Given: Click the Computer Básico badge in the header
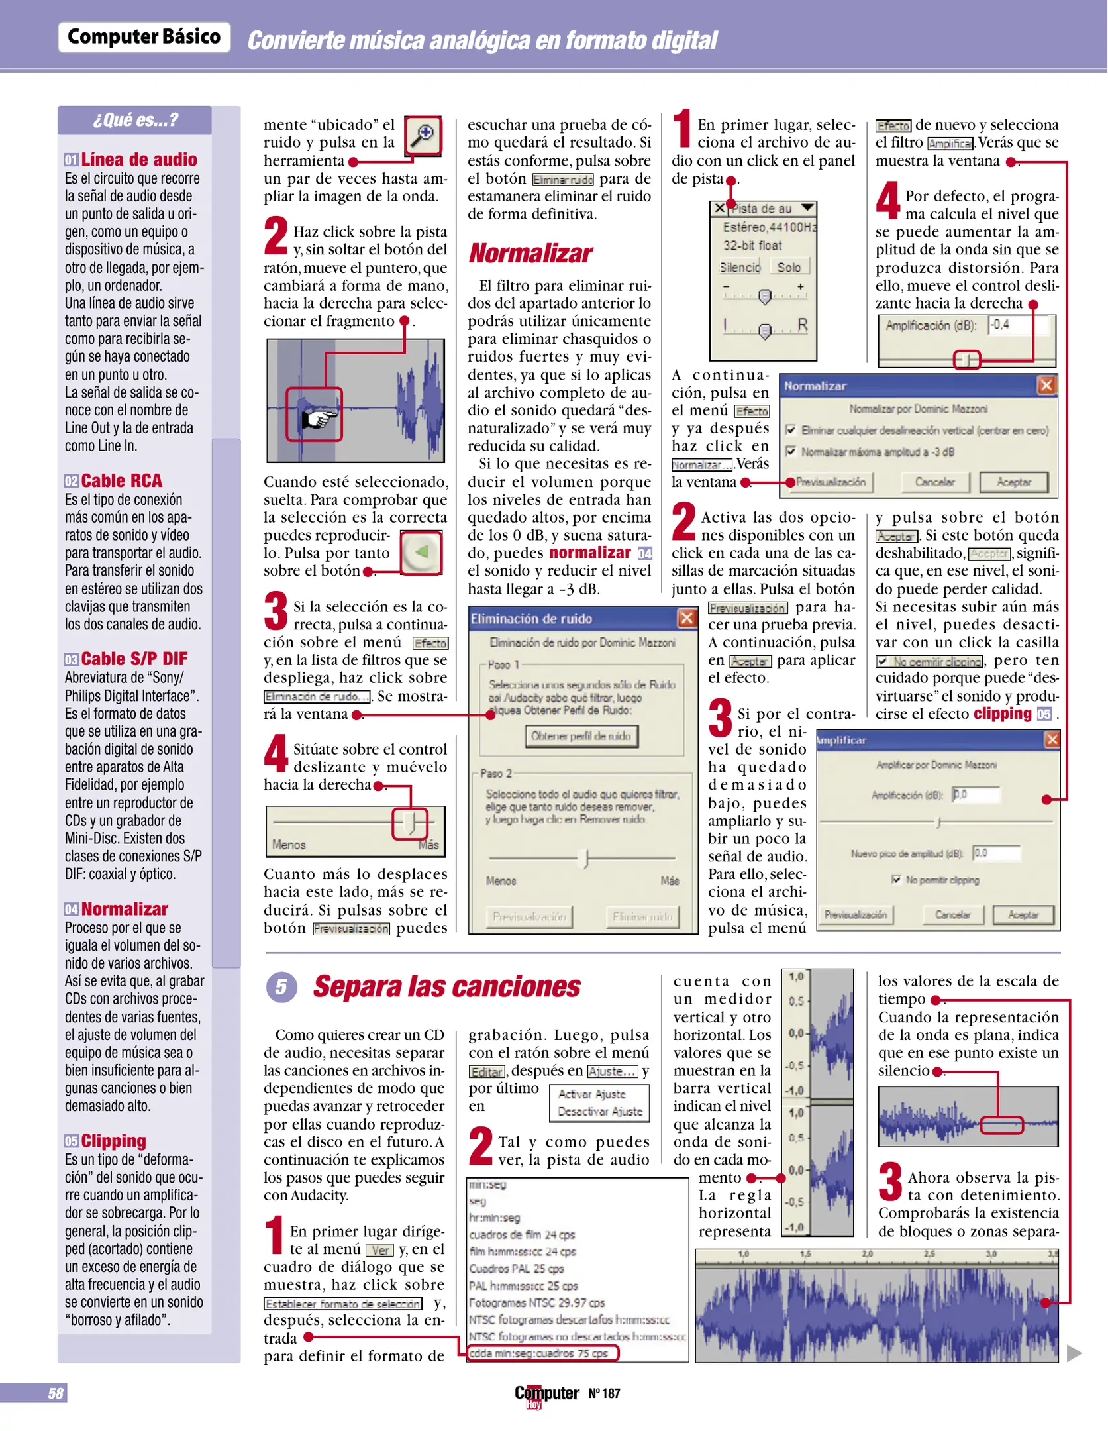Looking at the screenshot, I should click(x=144, y=37).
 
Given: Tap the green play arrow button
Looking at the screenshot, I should click(x=422, y=552).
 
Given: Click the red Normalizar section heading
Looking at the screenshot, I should click(x=530, y=254).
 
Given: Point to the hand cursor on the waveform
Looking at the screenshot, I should click(x=317, y=418).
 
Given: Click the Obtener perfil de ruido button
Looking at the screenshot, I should click(x=581, y=736).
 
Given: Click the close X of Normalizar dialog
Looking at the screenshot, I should click(x=1046, y=386).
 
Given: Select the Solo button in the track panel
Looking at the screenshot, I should click(x=789, y=268).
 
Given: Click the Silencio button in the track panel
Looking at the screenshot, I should click(x=740, y=268).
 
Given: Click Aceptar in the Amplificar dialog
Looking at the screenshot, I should click(x=1023, y=915).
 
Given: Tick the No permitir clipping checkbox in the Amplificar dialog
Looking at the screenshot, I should click(x=896, y=880).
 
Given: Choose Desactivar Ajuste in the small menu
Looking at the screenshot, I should click(x=599, y=1112).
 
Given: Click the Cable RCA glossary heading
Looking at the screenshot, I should click(x=121, y=480).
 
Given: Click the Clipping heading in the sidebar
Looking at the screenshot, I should click(x=113, y=1141).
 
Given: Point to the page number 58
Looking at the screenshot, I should click(x=56, y=1393).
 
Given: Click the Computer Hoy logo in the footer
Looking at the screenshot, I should click(x=546, y=1395).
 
